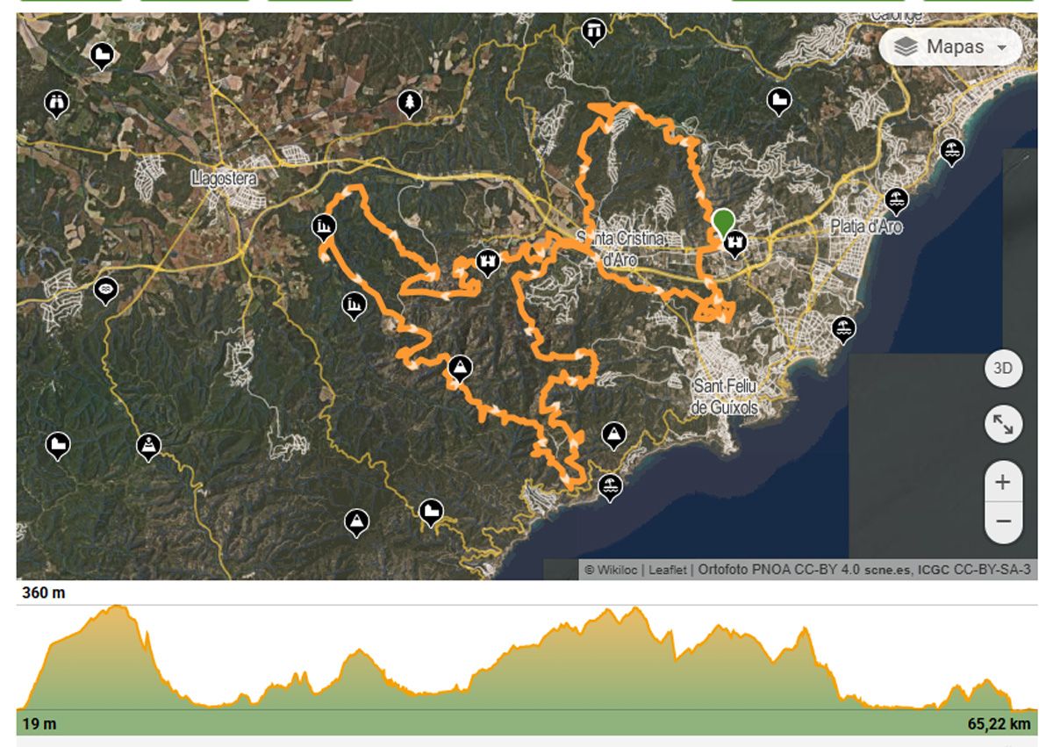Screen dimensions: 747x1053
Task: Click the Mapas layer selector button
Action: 950,47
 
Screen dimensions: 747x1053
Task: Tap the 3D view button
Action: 1003,369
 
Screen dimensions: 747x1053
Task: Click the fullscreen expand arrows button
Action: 1003,425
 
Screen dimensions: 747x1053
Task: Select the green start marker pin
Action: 724,222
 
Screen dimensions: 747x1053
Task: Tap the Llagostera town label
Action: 224,179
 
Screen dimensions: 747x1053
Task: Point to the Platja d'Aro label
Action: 866,226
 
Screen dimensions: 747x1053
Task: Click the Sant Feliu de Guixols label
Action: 725,397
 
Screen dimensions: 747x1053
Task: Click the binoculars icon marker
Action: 57,104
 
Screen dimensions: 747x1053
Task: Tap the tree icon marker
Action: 409,104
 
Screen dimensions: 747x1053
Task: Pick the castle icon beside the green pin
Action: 734,242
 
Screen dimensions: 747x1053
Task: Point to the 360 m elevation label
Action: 44,593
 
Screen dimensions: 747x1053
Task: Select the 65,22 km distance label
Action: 999,724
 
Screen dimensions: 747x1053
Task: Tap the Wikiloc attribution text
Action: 612,570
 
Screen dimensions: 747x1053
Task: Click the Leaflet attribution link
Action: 668,570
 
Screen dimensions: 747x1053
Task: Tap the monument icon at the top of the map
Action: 594,32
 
